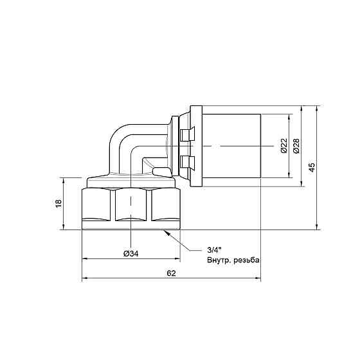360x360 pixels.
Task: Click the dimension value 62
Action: coord(171,273)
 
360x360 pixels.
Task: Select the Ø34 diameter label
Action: coord(131,254)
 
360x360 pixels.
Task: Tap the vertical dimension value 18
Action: coord(59,203)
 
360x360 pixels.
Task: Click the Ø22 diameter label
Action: coord(283,147)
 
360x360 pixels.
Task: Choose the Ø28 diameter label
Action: coord(296,147)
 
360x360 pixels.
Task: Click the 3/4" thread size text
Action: coord(214,250)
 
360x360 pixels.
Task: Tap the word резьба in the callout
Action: coord(247,260)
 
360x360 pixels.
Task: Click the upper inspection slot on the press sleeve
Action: coord(187,134)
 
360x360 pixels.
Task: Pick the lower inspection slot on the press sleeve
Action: coord(187,160)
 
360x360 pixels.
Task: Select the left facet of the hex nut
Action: coord(98,207)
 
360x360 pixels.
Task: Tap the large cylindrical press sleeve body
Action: coord(231,147)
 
